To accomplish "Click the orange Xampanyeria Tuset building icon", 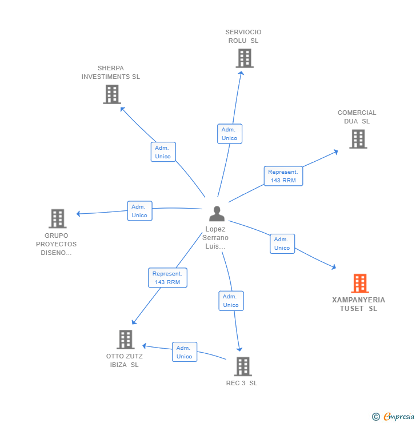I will pyautogui.click(x=359, y=284).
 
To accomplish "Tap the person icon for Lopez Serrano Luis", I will pyautogui.click(x=217, y=214).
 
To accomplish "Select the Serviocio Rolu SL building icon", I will pyautogui.click(x=244, y=58).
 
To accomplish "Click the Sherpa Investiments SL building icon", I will pyautogui.click(x=112, y=94).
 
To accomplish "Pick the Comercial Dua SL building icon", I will pyautogui.click(x=358, y=139).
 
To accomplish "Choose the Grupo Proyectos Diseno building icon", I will pyautogui.click(x=57, y=218).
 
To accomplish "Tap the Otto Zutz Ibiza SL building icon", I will pyautogui.click(x=125, y=340).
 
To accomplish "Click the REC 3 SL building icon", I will pyautogui.click(x=243, y=366).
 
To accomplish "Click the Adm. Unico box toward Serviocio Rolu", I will pyautogui.click(x=230, y=134).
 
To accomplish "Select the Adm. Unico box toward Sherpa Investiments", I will pyautogui.click(x=163, y=152).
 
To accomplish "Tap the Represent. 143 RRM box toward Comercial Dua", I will pyautogui.click(x=283, y=176).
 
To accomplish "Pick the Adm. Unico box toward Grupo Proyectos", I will pyautogui.click(x=139, y=211).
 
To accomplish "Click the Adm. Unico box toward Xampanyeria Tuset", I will pyautogui.click(x=282, y=244).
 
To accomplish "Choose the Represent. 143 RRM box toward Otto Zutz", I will pyautogui.click(x=167, y=278).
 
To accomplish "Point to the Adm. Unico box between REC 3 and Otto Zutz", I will pyautogui.click(x=185, y=352).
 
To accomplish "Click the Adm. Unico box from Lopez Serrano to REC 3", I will pyautogui.click(x=231, y=301).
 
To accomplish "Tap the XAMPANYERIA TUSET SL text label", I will pyautogui.click(x=359, y=304).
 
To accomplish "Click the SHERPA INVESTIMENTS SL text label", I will pyautogui.click(x=111, y=73).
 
